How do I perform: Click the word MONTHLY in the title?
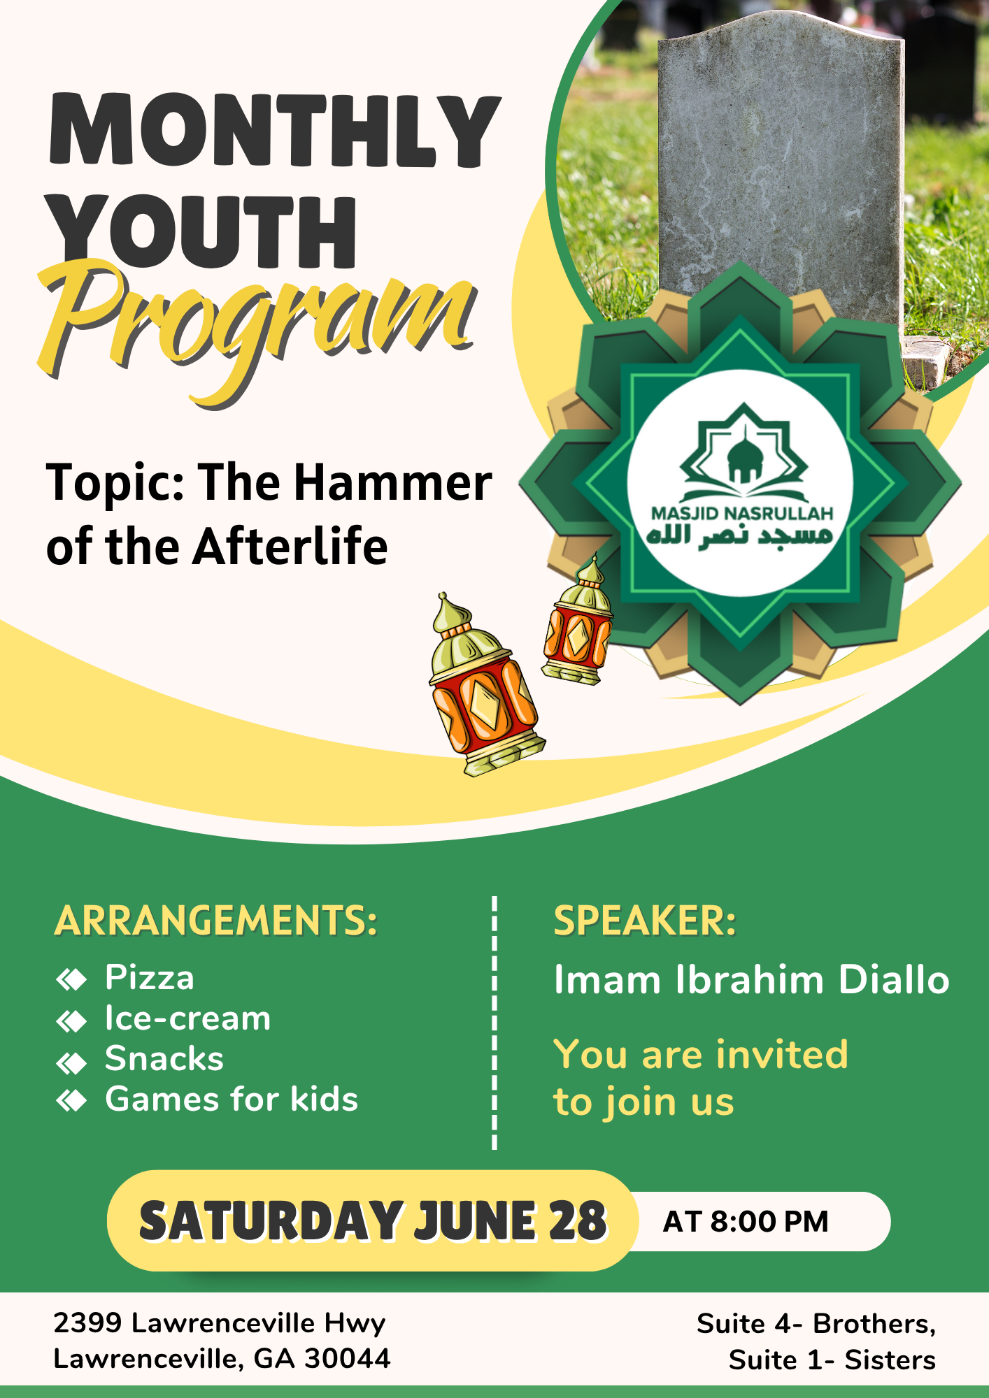click(275, 131)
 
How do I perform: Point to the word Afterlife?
click(290, 546)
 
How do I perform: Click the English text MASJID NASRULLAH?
click(742, 514)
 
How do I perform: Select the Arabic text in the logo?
click(740, 536)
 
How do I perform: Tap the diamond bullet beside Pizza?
click(71, 979)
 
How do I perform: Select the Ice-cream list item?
click(187, 1018)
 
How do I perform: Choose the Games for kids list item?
click(232, 1100)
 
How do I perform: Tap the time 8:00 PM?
click(769, 1222)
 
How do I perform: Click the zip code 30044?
click(348, 1358)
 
